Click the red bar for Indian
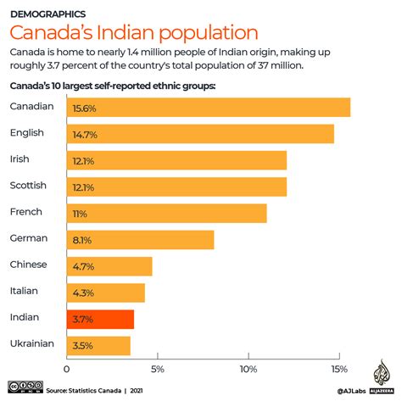coord(100,319)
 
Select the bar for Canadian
coord(208,107)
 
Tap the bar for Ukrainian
coord(98,346)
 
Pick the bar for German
coord(140,240)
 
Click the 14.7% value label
coord(83,134)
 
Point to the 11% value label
coord(80,214)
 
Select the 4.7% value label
coord(82,266)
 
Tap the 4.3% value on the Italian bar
coord(82,292)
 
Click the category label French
coord(26,211)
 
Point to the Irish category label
coord(20,159)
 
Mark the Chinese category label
coord(29,265)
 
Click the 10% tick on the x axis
coord(248,369)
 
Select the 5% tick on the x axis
coord(157,369)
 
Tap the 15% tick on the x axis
coord(338,369)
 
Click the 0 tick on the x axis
coord(67,369)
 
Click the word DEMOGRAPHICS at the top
coord(48,14)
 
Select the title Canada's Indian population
coord(133,34)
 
